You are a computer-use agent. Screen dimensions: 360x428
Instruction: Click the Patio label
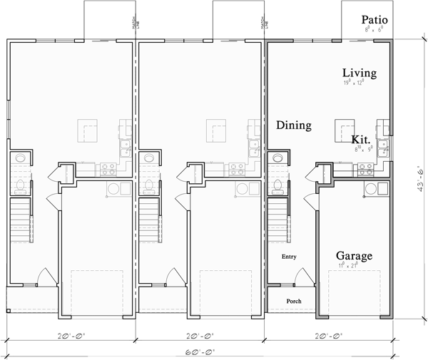(x=376, y=20)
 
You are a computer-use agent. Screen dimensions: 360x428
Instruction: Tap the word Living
(x=360, y=73)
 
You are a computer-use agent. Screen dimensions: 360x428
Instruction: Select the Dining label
(x=294, y=125)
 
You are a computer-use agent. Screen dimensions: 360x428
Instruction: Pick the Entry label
(x=289, y=257)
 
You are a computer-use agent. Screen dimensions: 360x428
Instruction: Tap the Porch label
(x=294, y=302)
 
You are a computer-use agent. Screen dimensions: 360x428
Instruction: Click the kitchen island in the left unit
(x=88, y=130)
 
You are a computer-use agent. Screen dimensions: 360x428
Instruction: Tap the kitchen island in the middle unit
(x=217, y=130)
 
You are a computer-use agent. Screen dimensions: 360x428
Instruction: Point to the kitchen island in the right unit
(x=345, y=130)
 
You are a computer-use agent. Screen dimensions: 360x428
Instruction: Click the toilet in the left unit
(x=20, y=186)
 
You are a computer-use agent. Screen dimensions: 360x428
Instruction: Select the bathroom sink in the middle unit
(x=148, y=158)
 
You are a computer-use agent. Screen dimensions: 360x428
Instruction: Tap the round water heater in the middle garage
(x=243, y=190)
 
